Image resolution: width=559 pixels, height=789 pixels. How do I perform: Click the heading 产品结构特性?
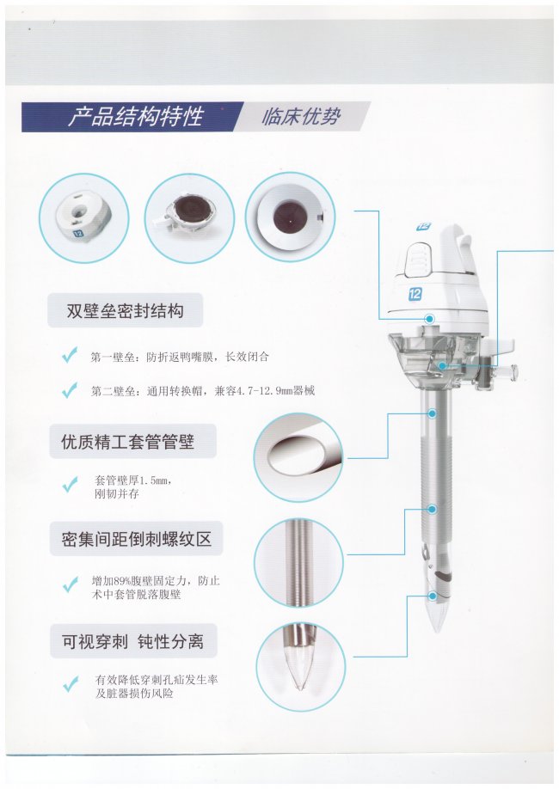pyautogui.click(x=135, y=117)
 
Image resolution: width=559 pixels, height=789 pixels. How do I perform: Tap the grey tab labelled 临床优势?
pyautogui.click(x=301, y=117)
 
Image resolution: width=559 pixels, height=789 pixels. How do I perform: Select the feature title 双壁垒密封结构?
pyautogui.click(x=125, y=310)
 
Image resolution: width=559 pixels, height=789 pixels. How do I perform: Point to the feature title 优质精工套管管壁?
pyautogui.click(x=128, y=442)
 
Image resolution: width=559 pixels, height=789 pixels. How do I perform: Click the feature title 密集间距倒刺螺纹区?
pyautogui.click(x=136, y=539)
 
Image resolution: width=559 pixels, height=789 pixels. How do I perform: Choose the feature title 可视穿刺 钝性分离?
pyautogui.click(x=133, y=641)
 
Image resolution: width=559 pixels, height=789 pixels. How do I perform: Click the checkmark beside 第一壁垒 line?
pyautogui.click(x=70, y=356)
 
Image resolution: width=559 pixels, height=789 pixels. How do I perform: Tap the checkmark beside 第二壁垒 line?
pyautogui.click(x=70, y=389)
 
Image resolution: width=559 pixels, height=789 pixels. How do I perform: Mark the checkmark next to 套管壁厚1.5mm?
pyautogui.click(x=70, y=484)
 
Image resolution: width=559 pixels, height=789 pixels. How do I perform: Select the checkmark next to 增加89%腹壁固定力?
pyautogui.click(x=70, y=584)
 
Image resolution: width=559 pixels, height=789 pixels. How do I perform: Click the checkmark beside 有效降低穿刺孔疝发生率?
pyautogui.click(x=70, y=684)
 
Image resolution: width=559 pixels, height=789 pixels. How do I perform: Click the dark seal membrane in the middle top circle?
pyautogui.click(x=187, y=213)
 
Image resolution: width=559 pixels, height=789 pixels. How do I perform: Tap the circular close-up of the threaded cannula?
pyautogui.click(x=298, y=563)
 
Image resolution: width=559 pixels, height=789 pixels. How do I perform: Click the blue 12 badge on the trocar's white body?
pyautogui.click(x=415, y=294)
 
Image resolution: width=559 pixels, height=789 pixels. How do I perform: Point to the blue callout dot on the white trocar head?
pyautogui.click(x=430, y=319)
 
